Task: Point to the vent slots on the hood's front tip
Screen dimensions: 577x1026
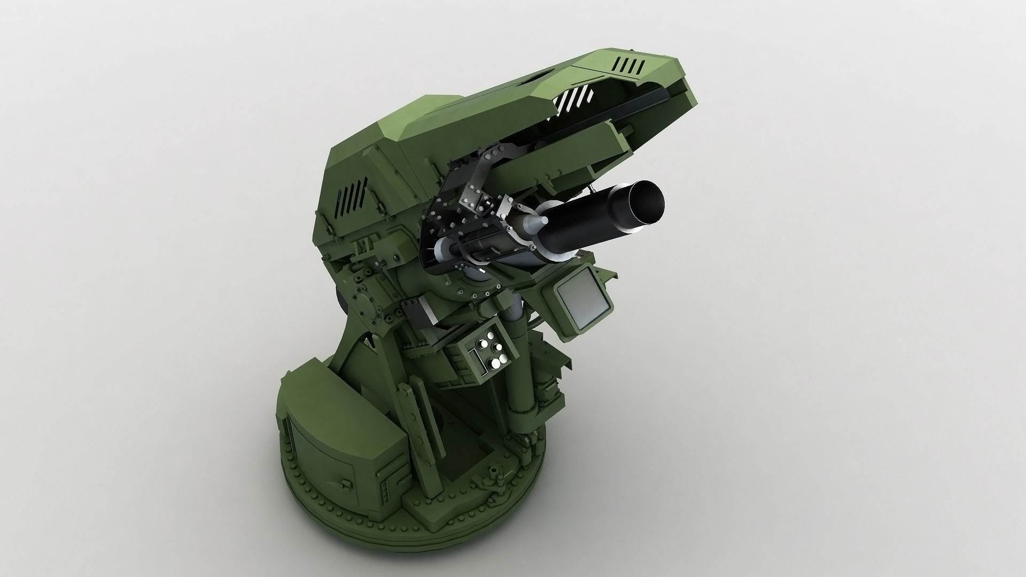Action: pos(629,66)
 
